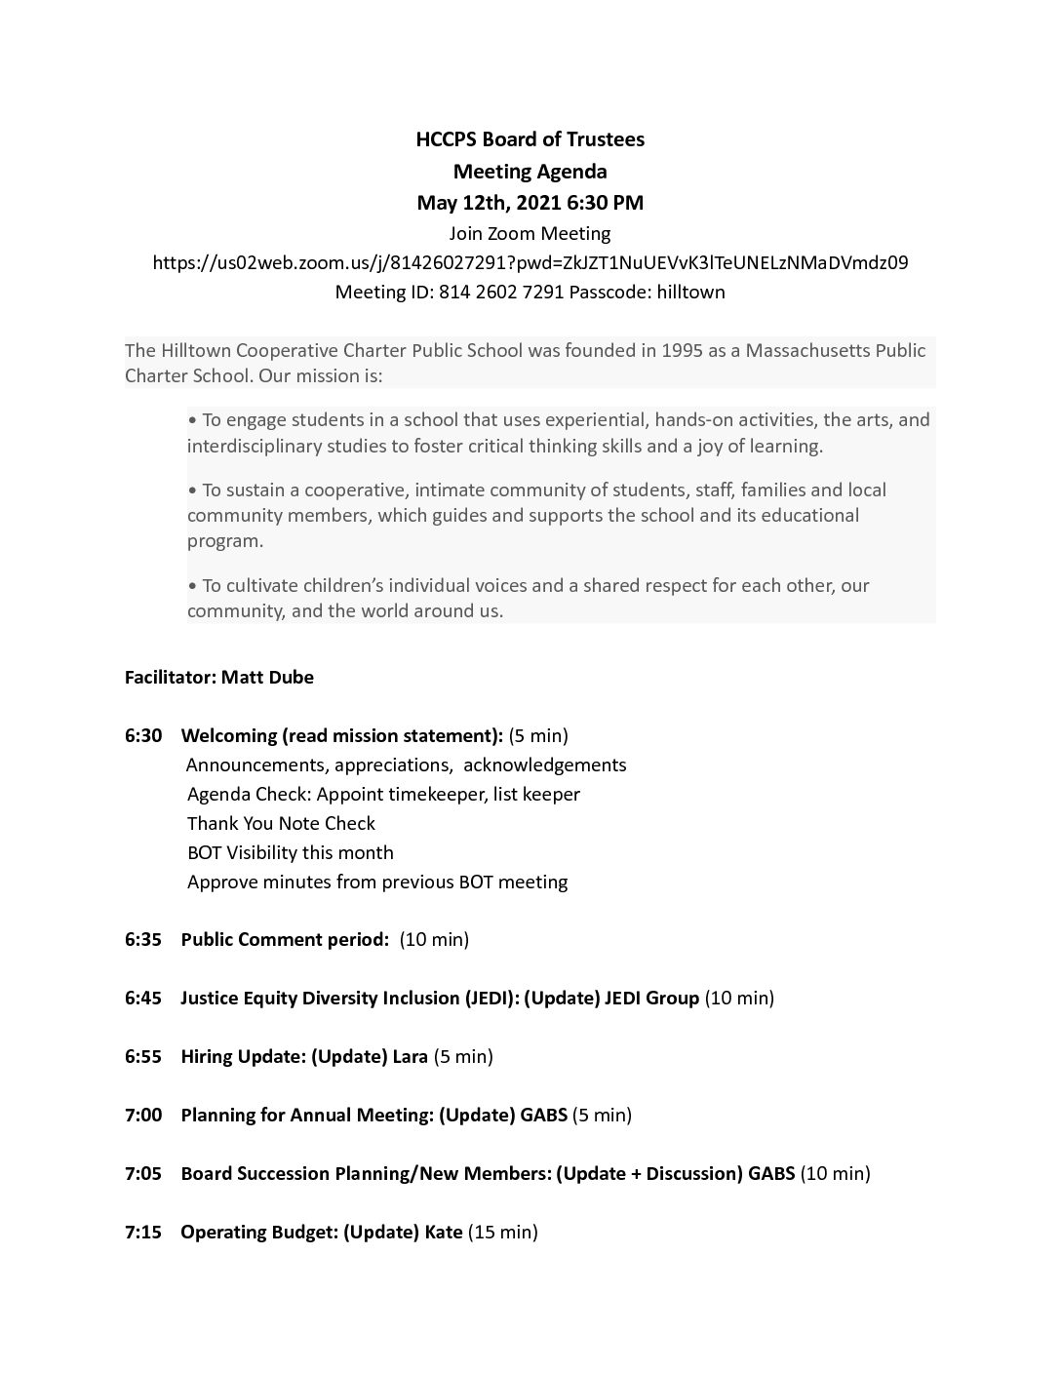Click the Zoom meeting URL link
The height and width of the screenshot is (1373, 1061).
(x=530, y=262)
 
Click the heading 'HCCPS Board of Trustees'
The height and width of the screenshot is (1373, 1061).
(x=530, y=139)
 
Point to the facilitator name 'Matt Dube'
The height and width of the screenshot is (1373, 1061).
(x=267, y=677)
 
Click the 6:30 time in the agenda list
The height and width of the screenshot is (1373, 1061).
(x=143, y=735)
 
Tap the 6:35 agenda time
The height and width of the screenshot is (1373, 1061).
(x=143, y=939)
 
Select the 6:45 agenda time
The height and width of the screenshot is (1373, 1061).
(x=143, y=998)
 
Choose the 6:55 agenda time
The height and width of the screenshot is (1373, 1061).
(x=143, y=1056)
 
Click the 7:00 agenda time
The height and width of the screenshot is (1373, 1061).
(x=143, y=1115)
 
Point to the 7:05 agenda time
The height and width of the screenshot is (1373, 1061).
(x=143, y=1173)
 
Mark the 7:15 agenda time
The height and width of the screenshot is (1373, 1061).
(x=143, y=1232)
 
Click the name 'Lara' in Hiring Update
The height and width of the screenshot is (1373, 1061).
(x=410, y=1056)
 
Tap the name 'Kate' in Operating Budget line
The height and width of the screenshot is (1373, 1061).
(x=444, y=1232)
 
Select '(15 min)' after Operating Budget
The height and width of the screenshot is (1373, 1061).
(x=503, y=1232)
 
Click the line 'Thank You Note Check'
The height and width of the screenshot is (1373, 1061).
(x=281, y=823)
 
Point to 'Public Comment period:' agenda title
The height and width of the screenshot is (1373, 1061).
(x=285, y=939)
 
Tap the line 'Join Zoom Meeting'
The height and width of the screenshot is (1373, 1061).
(x=530, y=233)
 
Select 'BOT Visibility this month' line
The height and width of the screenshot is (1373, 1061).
(x=291, y=852)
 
